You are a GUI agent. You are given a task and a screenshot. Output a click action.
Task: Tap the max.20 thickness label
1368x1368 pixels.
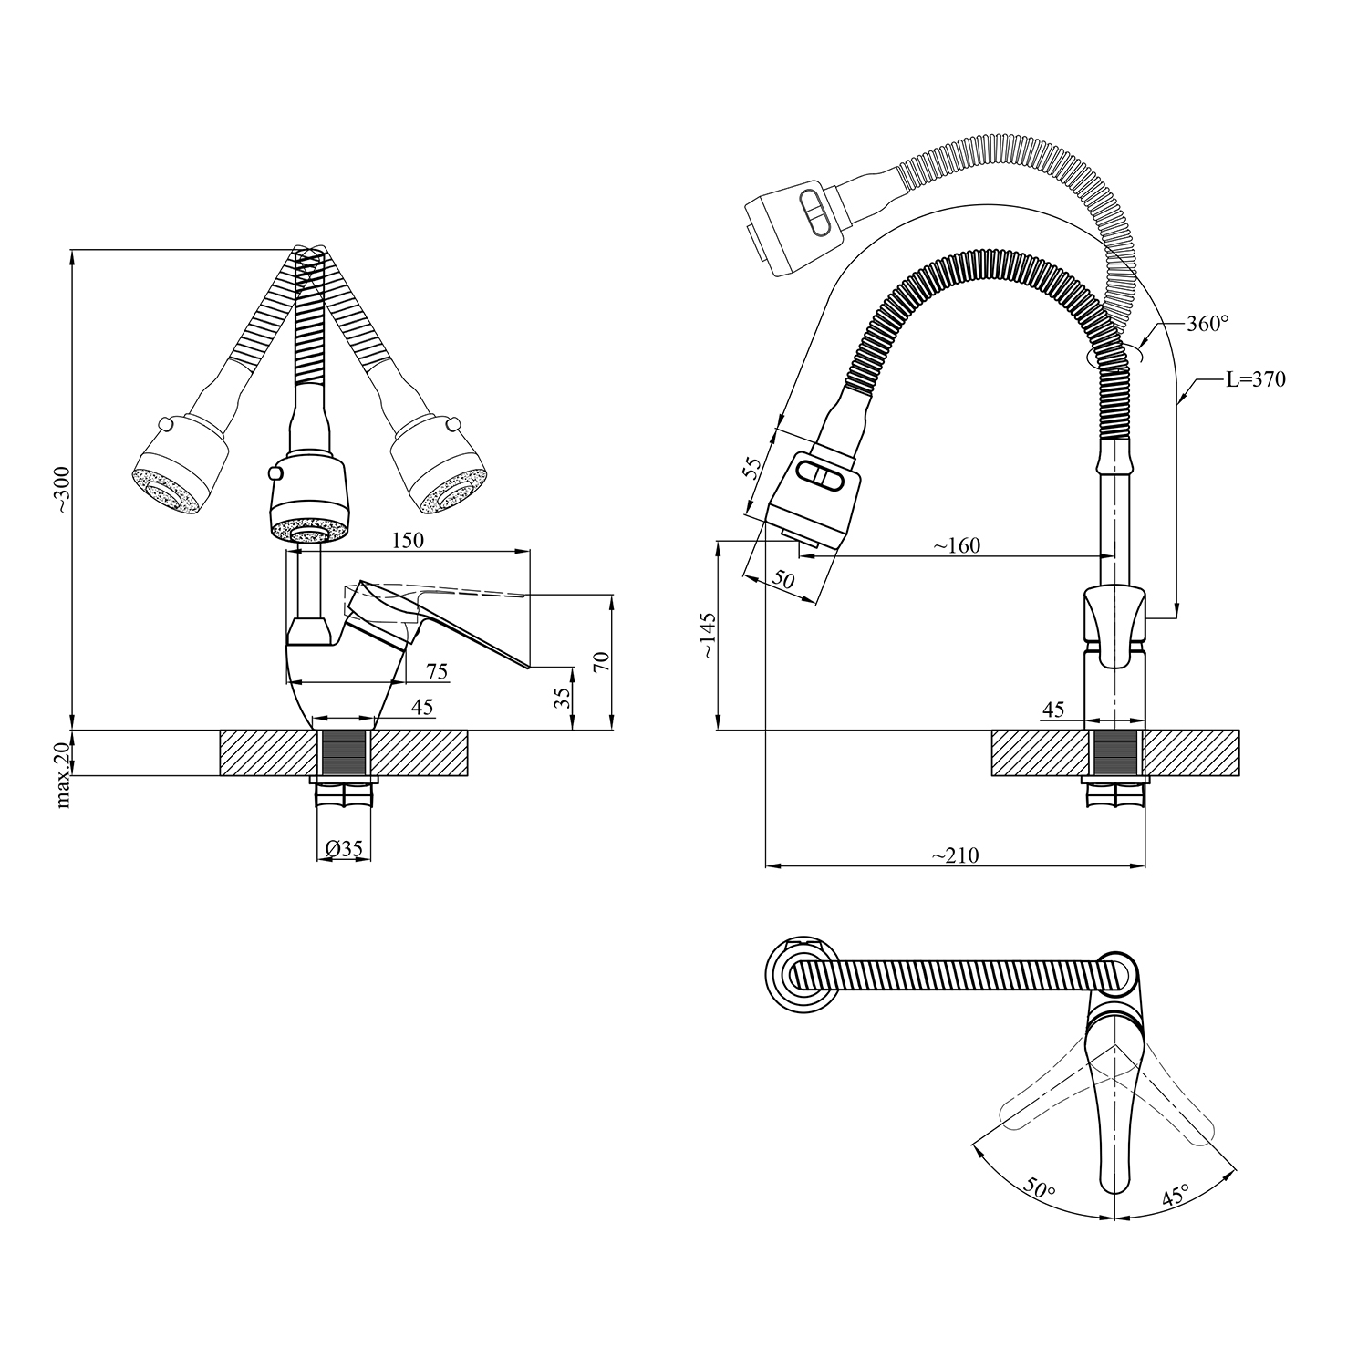tap(62, 774)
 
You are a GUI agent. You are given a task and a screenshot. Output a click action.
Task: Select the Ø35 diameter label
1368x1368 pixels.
tap(344, 849)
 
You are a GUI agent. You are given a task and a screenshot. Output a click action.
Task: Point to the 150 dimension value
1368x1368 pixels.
tap(407, 540)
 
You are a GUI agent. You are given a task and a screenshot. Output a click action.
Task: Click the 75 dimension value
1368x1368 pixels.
tap(437, 671)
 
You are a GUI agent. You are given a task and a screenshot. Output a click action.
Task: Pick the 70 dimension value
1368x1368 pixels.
tap(600, 661)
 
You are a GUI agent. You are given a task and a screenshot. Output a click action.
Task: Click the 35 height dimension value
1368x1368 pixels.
tap(563, 698)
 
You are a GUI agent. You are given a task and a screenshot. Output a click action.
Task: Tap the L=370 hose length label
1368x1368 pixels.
tap(1255, 379)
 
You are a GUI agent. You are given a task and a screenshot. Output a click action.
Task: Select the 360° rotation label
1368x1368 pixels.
tap(1207, 323)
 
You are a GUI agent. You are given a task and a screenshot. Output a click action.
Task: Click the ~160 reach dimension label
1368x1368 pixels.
tap(956, 545)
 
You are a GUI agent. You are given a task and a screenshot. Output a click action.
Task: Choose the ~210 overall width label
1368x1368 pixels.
tap(955, 855)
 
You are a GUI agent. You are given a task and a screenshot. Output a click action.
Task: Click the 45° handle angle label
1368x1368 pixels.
tap(1175, 1195)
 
